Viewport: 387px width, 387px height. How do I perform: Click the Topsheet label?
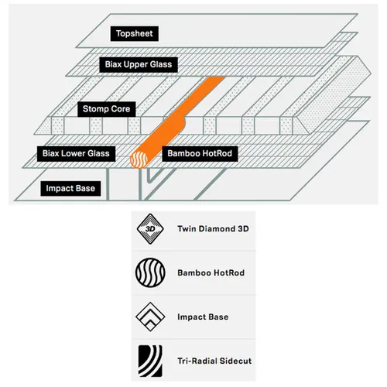[135, 33]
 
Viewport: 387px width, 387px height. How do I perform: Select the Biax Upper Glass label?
[139, 64]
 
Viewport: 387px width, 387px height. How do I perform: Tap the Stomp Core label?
[107, 109]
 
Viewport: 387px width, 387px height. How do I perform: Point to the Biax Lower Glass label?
[76, 154]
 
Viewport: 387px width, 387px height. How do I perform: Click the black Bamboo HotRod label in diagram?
[200, 154]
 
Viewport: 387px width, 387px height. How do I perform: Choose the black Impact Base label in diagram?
[70, 188]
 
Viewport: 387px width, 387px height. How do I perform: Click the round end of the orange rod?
[139, 159]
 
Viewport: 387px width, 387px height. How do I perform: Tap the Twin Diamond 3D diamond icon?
[150, 229]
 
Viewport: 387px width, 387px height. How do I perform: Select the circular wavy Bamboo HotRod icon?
[150, 272]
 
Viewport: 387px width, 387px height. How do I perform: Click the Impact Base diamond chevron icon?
[150, 317]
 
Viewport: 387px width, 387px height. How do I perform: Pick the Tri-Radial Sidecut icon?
[150, 361]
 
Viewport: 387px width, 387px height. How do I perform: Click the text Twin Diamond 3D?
[213, 229]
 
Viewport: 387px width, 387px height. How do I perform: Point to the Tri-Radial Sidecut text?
[214, 361]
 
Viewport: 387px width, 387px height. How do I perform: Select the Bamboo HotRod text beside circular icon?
[211, 272]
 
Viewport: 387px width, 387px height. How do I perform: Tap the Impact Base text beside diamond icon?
[203, 317]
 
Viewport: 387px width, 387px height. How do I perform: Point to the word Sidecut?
[236, 361]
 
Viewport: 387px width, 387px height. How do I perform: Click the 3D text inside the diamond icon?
[150, 229]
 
